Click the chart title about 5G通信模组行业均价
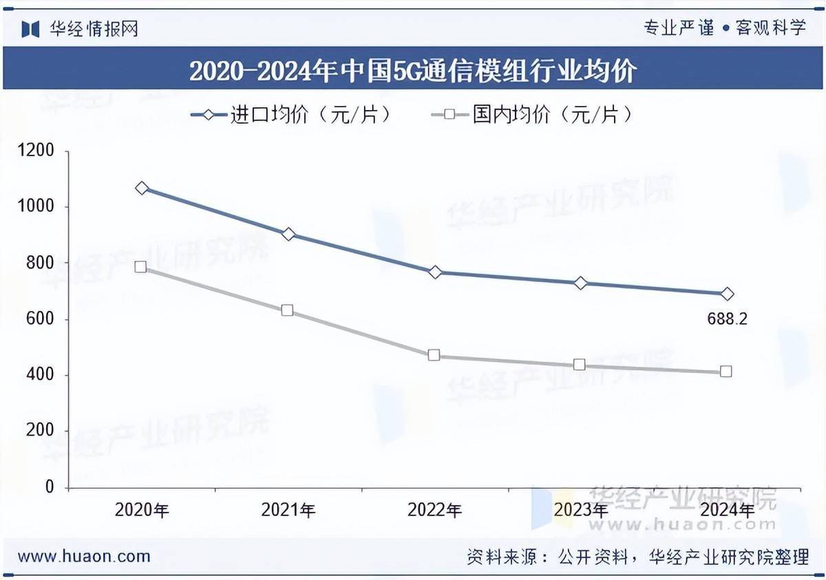pos(413,71)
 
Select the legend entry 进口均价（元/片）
pos(293,114)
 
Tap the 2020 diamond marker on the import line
pos(142,188)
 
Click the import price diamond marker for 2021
pos(288,235)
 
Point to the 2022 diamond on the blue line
pos(435,272)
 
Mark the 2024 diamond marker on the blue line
pos(727,294)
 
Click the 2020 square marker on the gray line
pos(141,266)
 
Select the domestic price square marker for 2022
pos(434,355)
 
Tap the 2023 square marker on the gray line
pos(580,365)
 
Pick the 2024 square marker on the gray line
pos(726,372)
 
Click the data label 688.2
pos(727,319)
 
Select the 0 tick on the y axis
pos(49,487)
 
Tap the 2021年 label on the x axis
pos(288,510)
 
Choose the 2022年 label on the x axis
pos(434,510)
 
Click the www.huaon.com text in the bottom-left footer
pos(84,556)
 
